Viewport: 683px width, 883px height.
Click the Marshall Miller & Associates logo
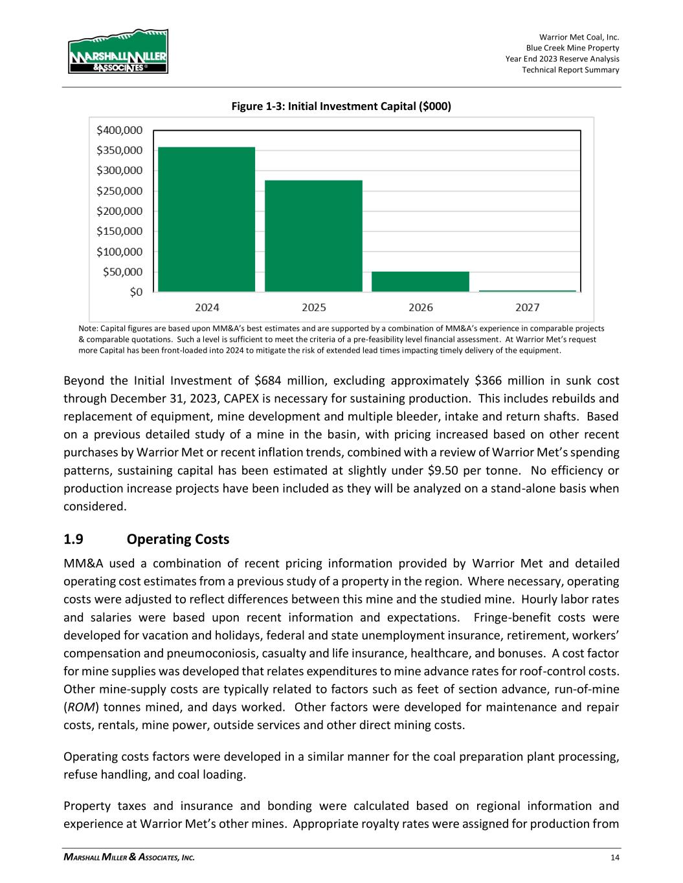tap(118, 51)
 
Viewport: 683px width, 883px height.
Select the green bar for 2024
tap(207, 219)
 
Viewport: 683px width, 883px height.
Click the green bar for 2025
tap(314, 235)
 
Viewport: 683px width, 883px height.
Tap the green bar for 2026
tap(420, 281)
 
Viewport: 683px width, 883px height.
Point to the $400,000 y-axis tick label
tap(120, 130)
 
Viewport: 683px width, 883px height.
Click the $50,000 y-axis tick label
tap(123, 272)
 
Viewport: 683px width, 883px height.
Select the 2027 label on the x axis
tap(527, 307)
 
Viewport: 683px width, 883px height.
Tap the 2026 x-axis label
tap(421, 307)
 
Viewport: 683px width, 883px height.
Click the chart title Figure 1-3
tap(341, 105)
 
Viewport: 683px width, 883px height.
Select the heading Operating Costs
tap(178, 540)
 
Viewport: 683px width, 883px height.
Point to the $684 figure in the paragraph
tap(268, 380)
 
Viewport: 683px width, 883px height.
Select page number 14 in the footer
tap(614, 858)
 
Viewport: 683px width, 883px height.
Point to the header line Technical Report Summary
tap(570, 70)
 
